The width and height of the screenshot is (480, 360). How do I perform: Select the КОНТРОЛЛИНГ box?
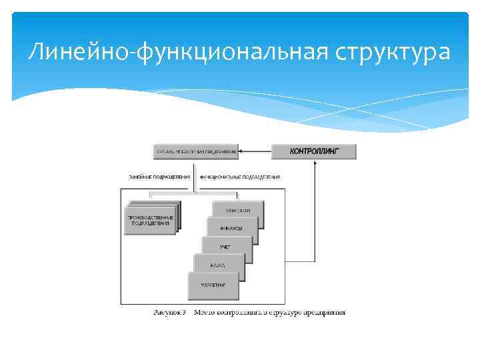tap(313, 151)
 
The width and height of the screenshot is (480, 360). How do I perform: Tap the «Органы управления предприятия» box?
tap(196, 151)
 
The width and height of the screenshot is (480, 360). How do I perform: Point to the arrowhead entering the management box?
tap(243, 151)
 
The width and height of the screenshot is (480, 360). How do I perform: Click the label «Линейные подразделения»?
tap(159, 177)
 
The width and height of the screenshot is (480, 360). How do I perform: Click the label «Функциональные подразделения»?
tap(239, 177)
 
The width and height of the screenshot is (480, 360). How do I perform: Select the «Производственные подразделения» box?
tap(151, 221)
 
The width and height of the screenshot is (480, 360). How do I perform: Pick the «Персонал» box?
tap(237, 211)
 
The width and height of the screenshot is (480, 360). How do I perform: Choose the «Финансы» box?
tap(231, 229)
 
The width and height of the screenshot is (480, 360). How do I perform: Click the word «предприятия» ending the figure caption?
tap(325, 312)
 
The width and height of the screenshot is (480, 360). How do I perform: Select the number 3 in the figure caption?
tap(184, 312)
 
